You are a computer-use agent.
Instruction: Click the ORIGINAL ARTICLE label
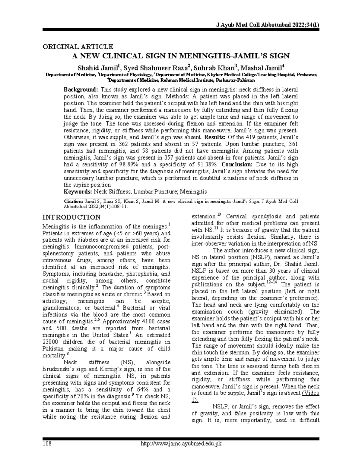[78, 46]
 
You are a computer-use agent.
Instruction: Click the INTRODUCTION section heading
[71, 217]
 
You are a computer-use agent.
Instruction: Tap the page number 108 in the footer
[47, 443]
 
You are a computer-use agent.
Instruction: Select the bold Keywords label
[78, 192]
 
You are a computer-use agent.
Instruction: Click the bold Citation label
[73, 201]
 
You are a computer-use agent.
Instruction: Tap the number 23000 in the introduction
[52, 342]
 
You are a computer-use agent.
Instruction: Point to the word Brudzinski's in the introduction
[59, 369]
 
